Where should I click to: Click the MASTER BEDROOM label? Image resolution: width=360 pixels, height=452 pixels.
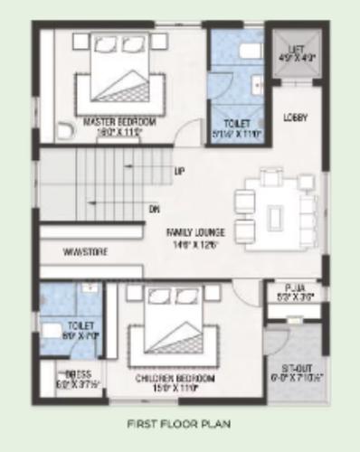[119, 121]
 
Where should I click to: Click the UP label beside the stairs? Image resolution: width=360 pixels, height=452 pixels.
[179, 172]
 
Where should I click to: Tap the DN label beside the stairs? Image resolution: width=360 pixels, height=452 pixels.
[154, 210]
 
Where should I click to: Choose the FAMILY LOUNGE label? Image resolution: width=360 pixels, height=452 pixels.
[194, 232]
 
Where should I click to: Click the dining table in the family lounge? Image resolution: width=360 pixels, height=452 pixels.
[276, 213]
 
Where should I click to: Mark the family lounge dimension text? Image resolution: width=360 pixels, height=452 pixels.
[194, 243]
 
